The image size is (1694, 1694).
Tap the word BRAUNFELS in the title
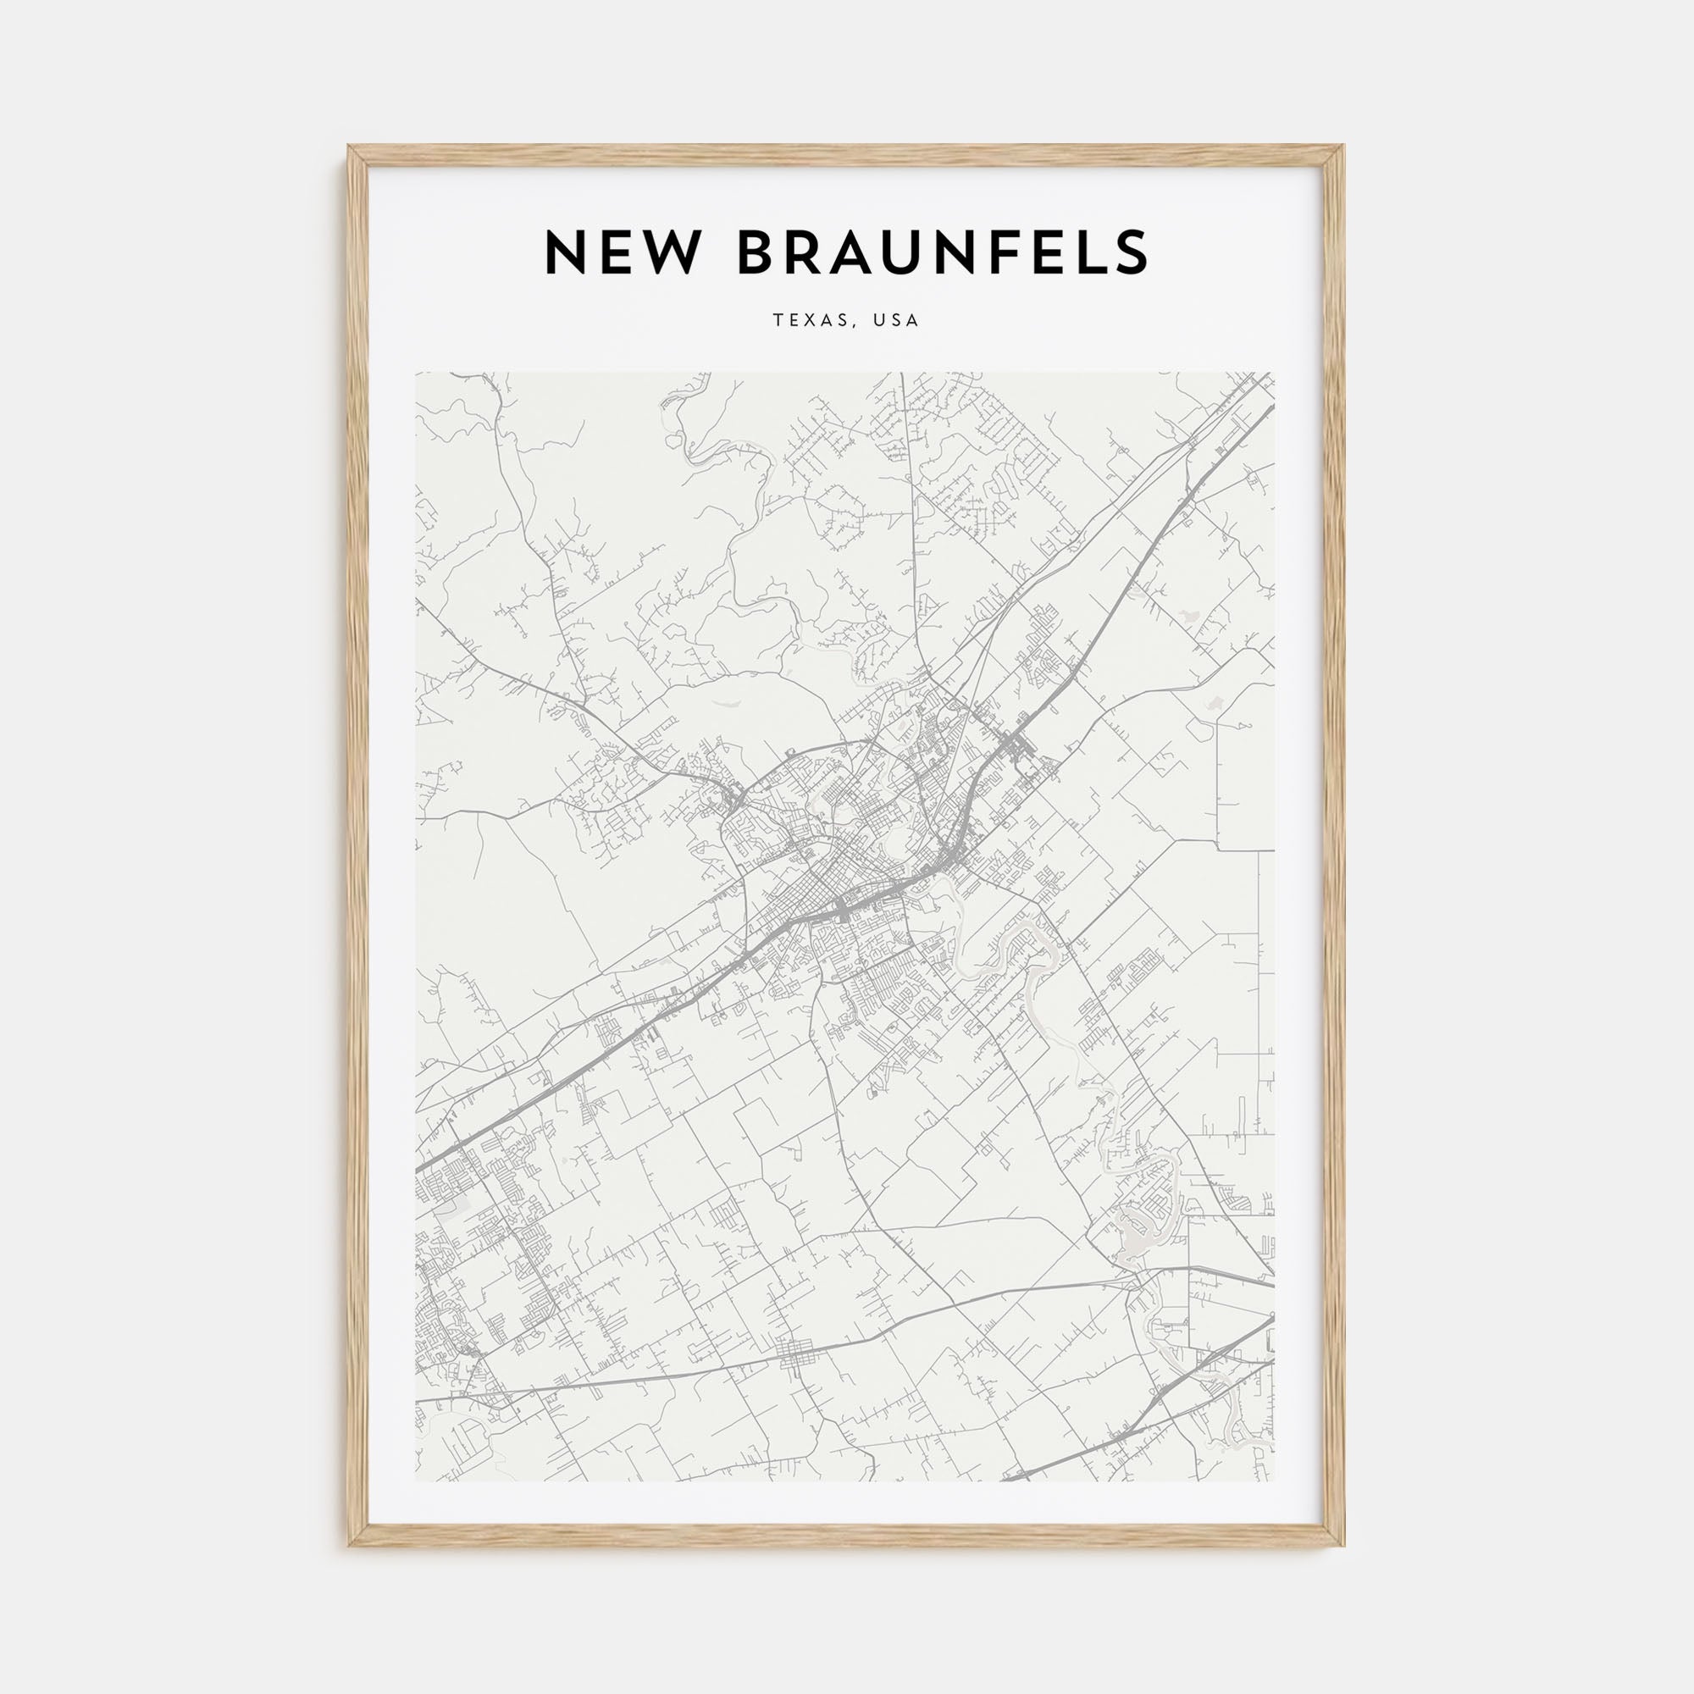click(943, 252)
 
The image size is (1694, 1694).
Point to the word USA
click(896, 321)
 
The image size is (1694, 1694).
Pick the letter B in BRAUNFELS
click(759, 252)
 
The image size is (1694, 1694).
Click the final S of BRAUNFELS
click(1132, 252)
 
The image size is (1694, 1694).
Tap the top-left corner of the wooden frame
click(349, 147)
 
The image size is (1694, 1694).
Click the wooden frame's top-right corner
click(1343, 147)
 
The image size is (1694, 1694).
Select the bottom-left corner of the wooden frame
click(349, 1545)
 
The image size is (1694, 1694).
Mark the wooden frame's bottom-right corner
click(1343, 1545)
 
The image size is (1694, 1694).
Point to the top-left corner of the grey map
click(417, 374)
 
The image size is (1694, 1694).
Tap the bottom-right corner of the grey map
click(1274, 1481)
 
